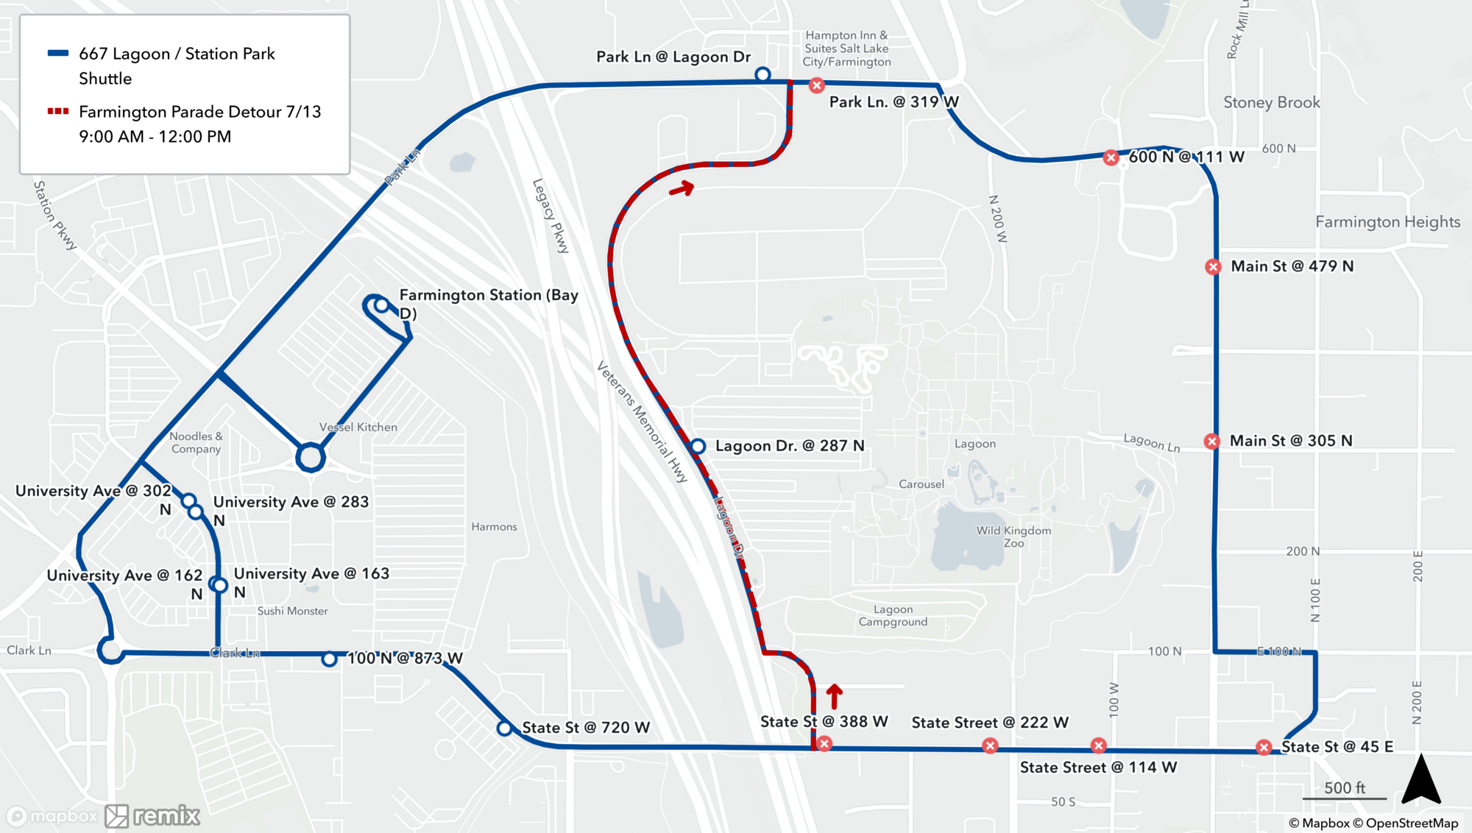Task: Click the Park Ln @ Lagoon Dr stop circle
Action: coord(762,74)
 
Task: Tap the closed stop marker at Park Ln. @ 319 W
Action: coord(816,85)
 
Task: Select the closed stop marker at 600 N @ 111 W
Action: coord(1111,157)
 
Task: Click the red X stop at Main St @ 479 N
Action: coord(1213,266)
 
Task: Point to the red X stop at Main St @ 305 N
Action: coord(1211,441)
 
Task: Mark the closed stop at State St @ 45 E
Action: coord(1264,748)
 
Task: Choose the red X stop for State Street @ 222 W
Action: coord(990,746)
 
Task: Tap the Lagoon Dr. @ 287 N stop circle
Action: coord(698,446)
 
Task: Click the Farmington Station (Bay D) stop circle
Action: coord(381,305)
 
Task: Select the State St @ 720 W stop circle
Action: coord(504,729)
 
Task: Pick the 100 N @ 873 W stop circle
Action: coord(329,659)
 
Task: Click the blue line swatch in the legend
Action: coord(58,53)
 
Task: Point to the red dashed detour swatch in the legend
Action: coord(58,111)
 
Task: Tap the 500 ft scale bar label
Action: coord(1344,787)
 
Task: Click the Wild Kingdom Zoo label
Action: coord(1013,536)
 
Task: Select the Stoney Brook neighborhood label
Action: coord(1271,102)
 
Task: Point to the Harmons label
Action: coord(494,527)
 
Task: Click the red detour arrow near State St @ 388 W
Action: coord(834,695)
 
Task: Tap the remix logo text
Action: coord(166,815)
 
